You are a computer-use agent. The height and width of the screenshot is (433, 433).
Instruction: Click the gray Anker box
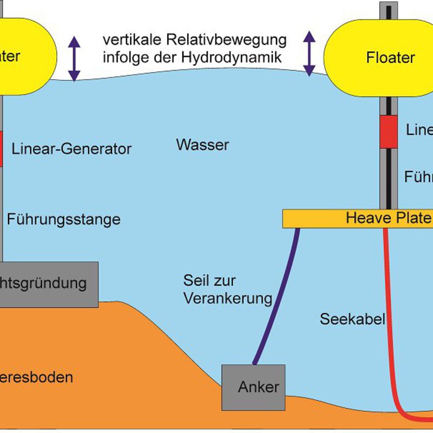click(252, 387)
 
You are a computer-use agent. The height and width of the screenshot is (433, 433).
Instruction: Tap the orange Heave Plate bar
click(357, 219)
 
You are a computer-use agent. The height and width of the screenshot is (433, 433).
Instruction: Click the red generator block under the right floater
click(388, 132)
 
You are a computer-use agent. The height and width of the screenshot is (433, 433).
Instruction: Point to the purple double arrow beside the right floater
click(309, 53)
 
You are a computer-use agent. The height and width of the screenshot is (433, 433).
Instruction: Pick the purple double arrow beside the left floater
click(74, 57)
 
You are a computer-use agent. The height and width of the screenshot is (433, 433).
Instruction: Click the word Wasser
click(202, 145)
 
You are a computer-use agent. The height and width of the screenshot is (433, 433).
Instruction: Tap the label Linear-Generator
click(71, 149)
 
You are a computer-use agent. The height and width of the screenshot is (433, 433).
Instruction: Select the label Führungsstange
click(63, 219)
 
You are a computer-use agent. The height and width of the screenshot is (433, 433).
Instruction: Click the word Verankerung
click(227, 298)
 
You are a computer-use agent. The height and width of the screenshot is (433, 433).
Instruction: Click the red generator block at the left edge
click(1, 148)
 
